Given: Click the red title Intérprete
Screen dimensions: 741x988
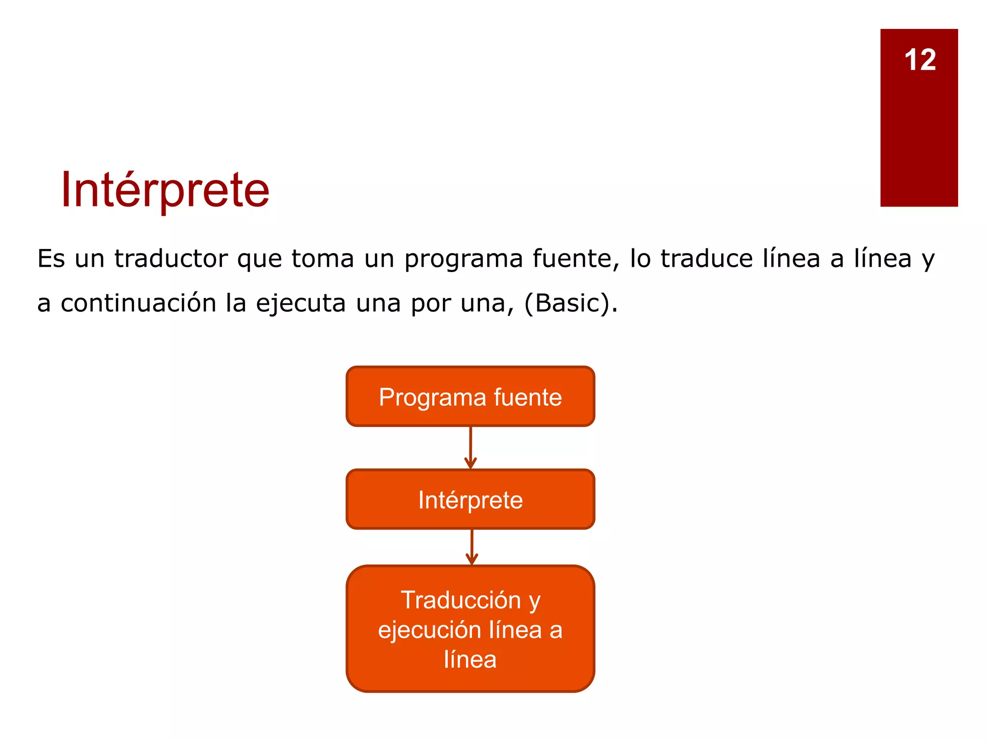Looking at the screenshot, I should tap(165, 190).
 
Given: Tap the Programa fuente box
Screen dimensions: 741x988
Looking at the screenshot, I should tap(470, 397).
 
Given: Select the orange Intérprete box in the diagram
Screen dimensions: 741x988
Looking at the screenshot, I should tap(470, 499).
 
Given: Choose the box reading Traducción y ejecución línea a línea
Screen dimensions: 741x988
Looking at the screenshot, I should tap(470, 629).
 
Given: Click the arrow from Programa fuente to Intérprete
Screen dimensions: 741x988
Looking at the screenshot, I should tap(470, 448).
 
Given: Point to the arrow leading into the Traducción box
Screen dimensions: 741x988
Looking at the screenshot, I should tap(472, 547).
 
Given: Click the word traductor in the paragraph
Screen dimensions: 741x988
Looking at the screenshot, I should tap(171, 259).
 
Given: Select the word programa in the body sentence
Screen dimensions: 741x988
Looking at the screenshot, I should tap(464, 260).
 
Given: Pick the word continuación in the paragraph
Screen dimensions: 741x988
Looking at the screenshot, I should tap(138, 303).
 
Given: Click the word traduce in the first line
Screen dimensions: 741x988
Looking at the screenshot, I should tap(706, 259).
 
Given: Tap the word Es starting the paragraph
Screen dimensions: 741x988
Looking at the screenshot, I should tap(51, 259).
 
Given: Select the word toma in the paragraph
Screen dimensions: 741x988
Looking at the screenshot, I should tap(323, 259).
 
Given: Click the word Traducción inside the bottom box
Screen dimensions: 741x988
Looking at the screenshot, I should tap(461, 600).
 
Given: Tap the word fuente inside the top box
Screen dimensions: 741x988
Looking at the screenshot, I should tap(528, 398).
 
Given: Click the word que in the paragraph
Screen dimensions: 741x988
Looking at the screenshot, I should tap(259, 260).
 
